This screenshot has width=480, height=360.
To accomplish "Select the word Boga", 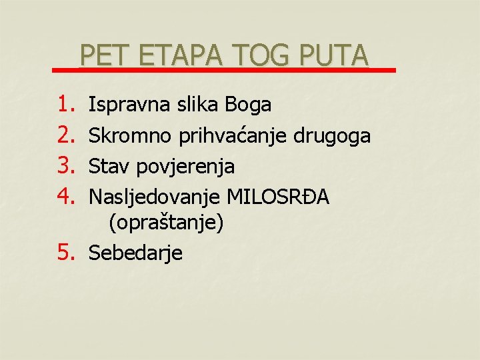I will click(248, 105).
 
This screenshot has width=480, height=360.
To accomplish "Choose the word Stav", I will click(109, 166).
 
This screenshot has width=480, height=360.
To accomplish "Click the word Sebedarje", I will click(135, 253).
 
